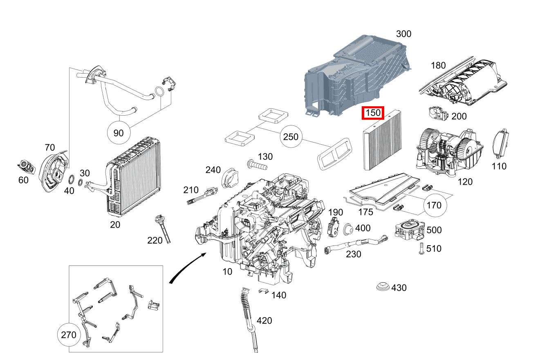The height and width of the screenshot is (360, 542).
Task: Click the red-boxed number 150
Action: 372,113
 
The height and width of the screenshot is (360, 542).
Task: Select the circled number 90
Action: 118,133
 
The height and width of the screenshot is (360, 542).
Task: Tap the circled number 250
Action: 291,137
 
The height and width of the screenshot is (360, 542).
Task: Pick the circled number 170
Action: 434,205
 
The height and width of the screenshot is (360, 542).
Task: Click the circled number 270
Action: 68,335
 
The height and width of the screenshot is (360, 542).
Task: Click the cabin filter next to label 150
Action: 382,141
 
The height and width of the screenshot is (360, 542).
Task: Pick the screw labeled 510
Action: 420,248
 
